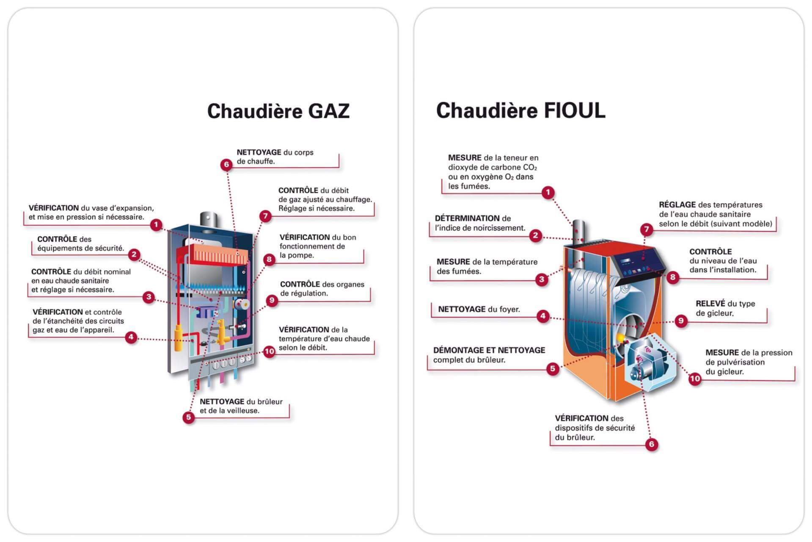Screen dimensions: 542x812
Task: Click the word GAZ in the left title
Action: pos(328,111)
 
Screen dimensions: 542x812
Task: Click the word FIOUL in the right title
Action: pos(574,111)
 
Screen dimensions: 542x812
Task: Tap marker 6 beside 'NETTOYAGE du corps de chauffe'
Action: pos(226,165)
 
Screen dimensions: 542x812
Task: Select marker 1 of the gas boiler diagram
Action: pos(156,225)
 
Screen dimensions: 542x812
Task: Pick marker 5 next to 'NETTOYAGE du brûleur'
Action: pos(188,418)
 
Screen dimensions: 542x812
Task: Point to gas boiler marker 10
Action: pos(269,351)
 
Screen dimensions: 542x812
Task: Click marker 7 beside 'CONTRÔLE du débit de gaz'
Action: pos(265,216)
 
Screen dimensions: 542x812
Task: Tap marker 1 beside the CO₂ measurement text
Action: pos(548,193)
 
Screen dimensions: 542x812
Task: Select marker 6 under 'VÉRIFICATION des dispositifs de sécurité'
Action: pos(651,444)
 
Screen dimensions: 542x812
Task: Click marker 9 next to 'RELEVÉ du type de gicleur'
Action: pos(681,321)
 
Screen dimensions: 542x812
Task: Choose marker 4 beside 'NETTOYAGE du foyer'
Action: pos(543,316)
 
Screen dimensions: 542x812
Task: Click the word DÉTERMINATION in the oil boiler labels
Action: pos(467,218)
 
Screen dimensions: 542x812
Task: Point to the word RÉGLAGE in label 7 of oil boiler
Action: pos(677,205)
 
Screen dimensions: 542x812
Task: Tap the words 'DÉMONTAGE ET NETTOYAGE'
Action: pos(489,351)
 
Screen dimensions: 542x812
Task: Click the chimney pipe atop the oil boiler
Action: pos(578,231)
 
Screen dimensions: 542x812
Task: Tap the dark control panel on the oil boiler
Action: pos(638,262)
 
